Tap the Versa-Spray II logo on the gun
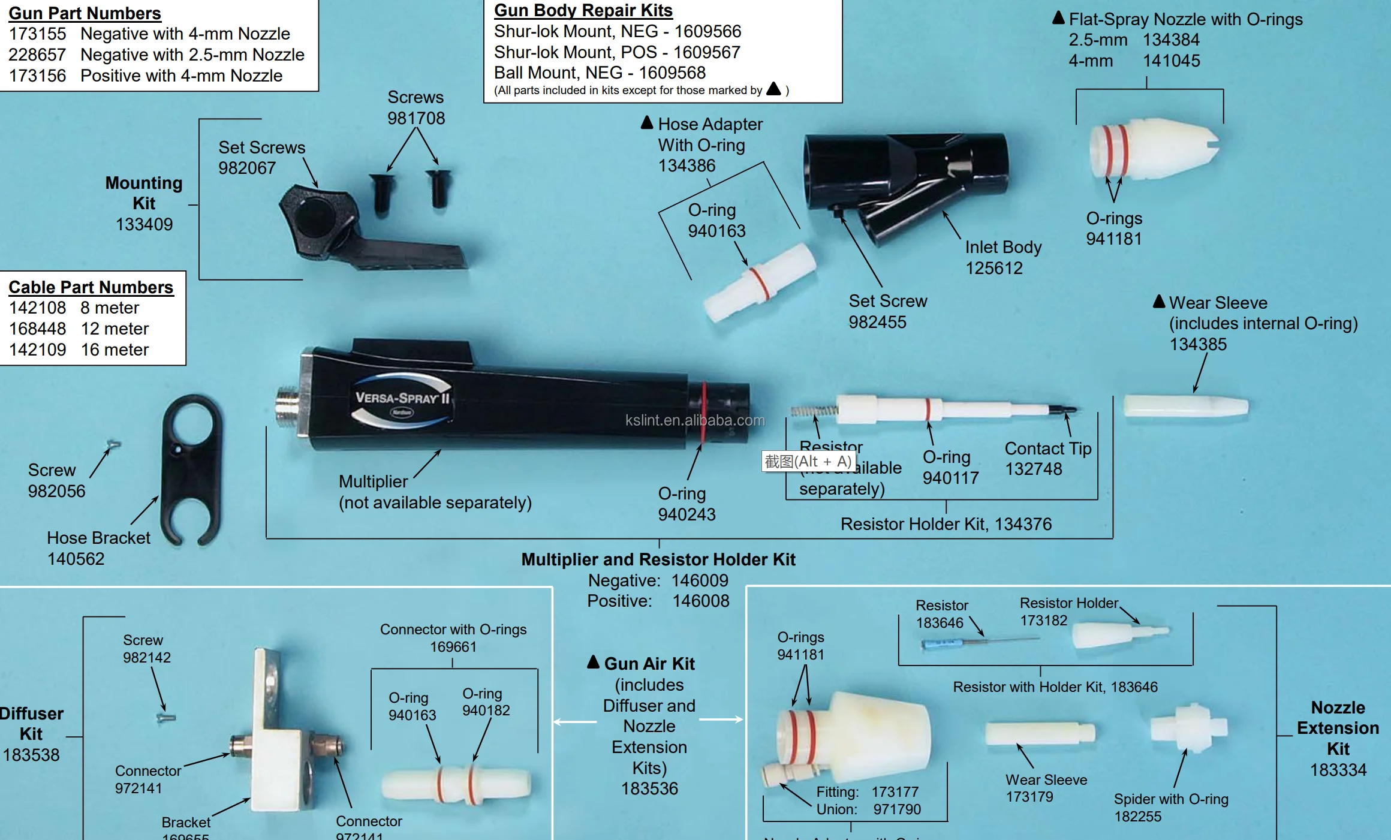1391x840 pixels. pyautogui.click(x=402, y=399)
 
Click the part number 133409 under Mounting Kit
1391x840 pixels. pyautogui.click(x=144, y=224)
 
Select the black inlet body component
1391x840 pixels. pyautogui.click(x=905, y=180)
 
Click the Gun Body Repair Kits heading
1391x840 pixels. pyautogui.click(x=583, y=11)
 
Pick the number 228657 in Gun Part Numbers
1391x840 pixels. pyautogui.click(x=37, y=55)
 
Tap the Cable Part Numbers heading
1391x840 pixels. pyautogui.click(x=91, y=287)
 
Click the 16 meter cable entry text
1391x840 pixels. pyautogui.click(x=115, y=350)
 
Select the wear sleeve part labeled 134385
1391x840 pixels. pyautogui.click(x=1185, y=406)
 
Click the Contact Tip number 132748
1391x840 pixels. pyautogui.click(x=1033, y=469)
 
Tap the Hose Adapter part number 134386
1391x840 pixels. pyautogui.click(x=687, y=165)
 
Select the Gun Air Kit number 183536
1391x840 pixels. pyautogui.click(x=649, y=788)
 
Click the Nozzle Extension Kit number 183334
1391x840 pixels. pyautogui.click(x=1338, y=770)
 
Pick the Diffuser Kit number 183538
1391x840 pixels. pyautogui.click(x=31, y=755)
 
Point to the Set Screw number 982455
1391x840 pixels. pyautogui.click(x=877, y=322)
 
